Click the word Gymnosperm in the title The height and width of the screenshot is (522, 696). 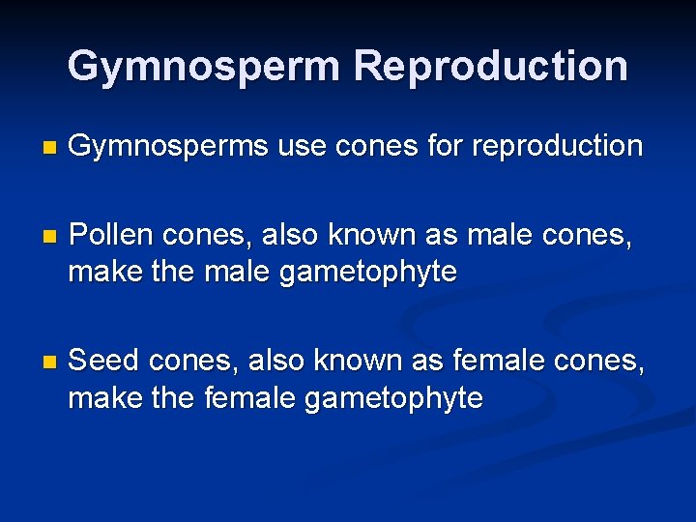204,67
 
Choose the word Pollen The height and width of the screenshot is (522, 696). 112,235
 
